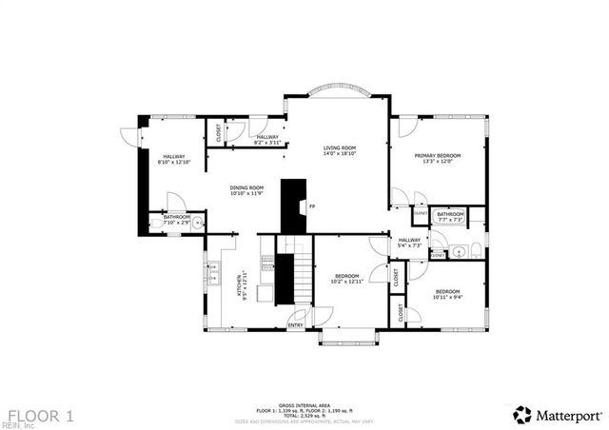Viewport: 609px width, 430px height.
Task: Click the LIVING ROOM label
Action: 339,148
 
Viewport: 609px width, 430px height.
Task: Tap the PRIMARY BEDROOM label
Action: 437,155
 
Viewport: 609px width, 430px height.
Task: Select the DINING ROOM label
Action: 246,188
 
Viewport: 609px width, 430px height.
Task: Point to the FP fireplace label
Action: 311,205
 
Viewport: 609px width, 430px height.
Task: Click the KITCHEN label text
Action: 239,283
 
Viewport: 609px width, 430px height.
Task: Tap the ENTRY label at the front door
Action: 296,325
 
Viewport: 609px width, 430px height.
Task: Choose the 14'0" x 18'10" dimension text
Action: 339,155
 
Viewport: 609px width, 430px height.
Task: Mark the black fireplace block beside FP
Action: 293,205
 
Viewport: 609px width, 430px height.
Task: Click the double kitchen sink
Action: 214,273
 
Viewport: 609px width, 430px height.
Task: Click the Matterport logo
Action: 558,415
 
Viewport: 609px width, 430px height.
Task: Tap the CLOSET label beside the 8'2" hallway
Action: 219,134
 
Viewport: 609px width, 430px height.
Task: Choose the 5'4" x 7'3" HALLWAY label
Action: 409,242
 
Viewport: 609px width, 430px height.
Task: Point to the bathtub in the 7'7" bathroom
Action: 449,227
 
